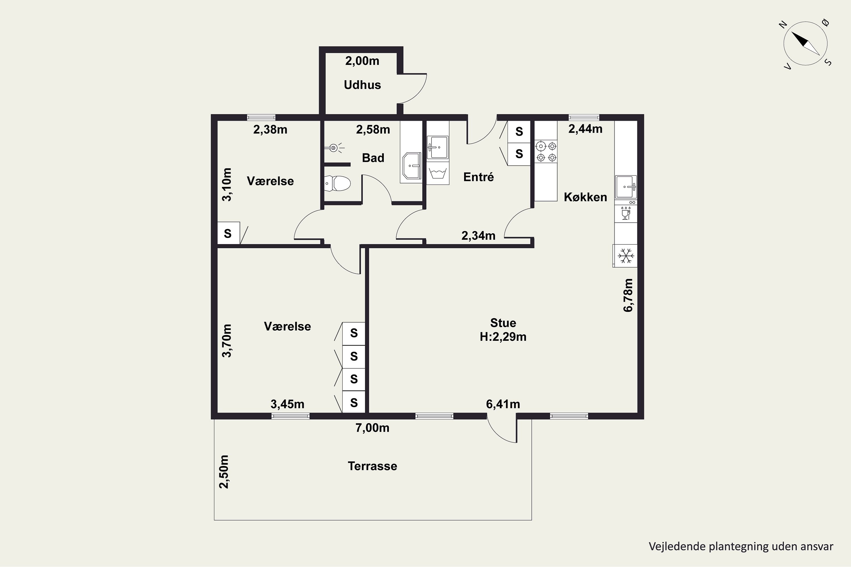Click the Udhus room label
362,85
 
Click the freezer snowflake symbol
625,256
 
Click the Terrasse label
372,466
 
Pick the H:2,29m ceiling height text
503,337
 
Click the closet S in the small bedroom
228,233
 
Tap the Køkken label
585,197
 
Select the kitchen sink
626,187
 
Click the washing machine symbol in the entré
438,173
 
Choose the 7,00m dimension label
372,428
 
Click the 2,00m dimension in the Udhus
362,61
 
